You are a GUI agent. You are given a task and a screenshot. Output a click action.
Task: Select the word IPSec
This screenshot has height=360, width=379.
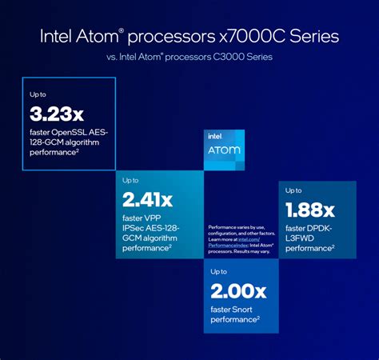(138, 228)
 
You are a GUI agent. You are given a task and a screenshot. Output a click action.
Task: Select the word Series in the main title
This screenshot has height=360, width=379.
(315, 37)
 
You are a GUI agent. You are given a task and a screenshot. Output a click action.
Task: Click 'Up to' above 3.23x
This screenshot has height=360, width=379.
(38, 95)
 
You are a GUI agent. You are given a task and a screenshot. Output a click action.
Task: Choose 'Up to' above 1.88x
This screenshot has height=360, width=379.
(294, 190)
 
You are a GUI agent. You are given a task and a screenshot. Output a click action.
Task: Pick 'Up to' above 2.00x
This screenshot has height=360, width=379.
(219, 273)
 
